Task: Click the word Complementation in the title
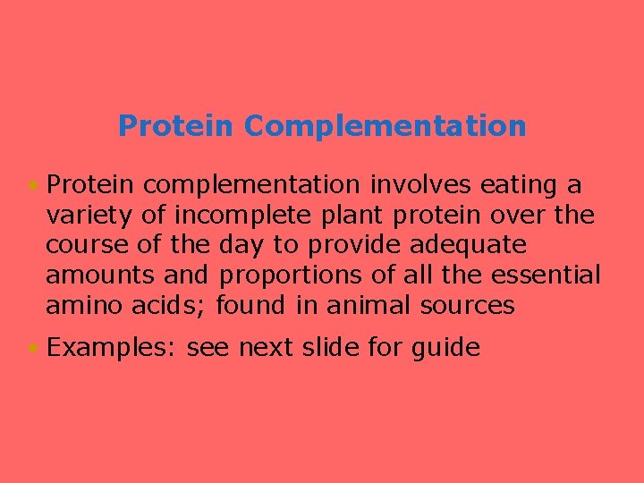385,126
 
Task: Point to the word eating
522,185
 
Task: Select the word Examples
113,347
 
